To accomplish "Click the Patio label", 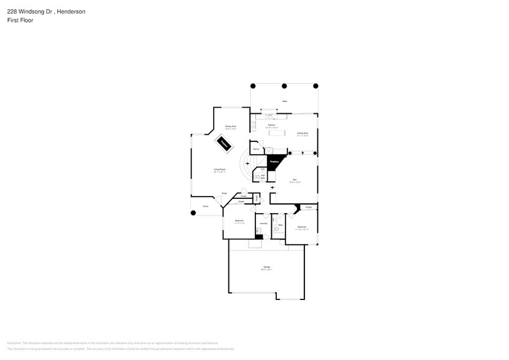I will (285, 102).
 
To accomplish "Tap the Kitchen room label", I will (271, 125).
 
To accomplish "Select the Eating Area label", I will (303, 133).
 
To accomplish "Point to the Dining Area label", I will (230, 127).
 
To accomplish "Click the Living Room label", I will (219, 170).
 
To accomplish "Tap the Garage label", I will (267, 268).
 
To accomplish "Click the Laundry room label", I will (263, 223).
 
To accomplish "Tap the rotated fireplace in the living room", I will (224, 145).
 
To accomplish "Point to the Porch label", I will (197, 206).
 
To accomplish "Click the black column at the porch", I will (194, 213).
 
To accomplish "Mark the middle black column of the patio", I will (285, 86).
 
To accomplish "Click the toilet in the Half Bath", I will (257, 178).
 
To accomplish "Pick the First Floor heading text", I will (20, 20).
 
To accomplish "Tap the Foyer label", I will (224, 193).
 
